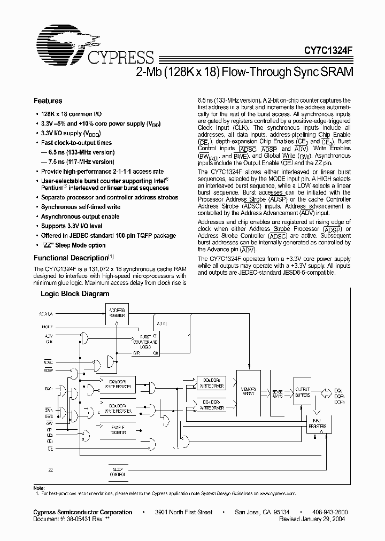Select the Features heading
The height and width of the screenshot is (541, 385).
coord(48,101)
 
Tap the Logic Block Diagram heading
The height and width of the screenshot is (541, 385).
coord(75,293)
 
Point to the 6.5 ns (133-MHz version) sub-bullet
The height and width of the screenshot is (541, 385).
coord(81,152)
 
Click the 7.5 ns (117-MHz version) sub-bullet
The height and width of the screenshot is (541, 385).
coord(81,161)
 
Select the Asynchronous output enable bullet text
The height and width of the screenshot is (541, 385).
coord(80,217)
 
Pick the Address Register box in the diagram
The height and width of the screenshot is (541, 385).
coord(117,313)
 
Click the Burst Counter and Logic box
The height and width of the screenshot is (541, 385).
coord(144,343)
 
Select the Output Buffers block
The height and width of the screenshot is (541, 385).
coord(303,391)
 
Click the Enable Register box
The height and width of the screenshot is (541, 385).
coord(117,430)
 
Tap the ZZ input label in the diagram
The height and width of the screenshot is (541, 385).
coord(50,469)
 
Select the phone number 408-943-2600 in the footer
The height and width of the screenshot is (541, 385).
coord(329,512)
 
